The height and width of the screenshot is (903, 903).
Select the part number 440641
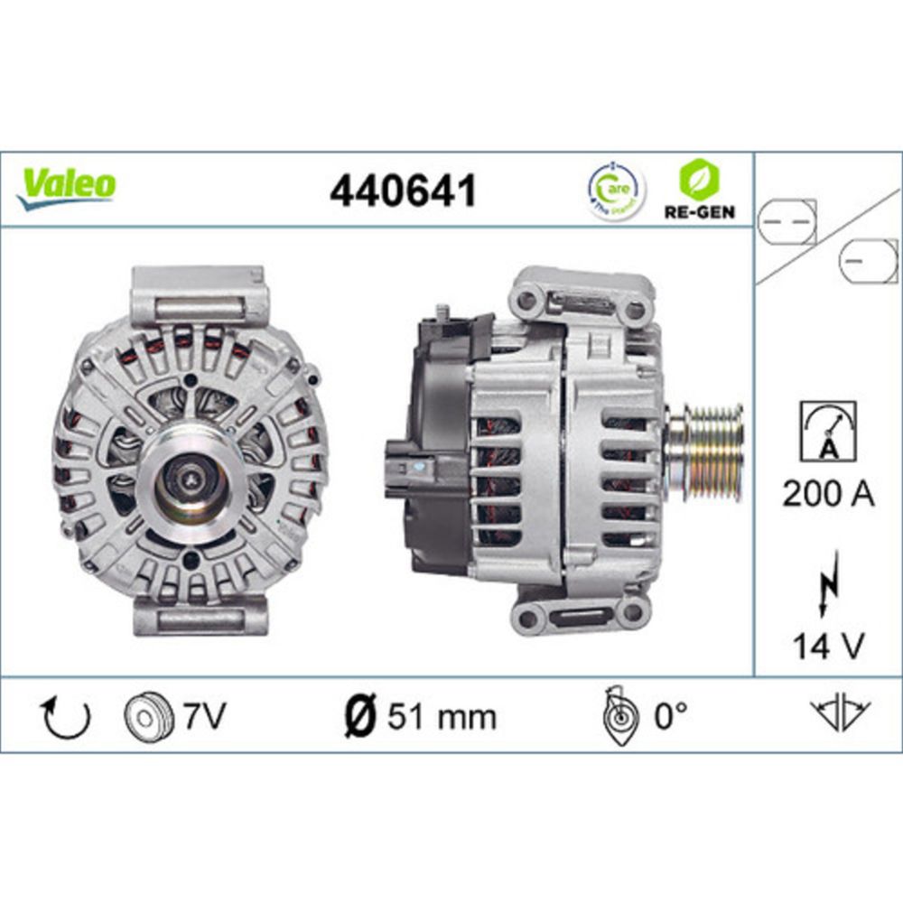[x=403, y=191]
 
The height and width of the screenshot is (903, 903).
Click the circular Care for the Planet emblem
[x=617, y=191]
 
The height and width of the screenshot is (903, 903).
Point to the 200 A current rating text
[x=828, y=495]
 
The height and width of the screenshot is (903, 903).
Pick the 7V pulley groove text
[x=203, y=717]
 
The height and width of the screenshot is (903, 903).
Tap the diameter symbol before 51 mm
[x=360, y=717]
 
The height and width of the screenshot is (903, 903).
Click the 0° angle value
[x=670, y=717]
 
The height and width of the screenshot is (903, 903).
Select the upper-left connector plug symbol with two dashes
[x=786, y=221]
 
